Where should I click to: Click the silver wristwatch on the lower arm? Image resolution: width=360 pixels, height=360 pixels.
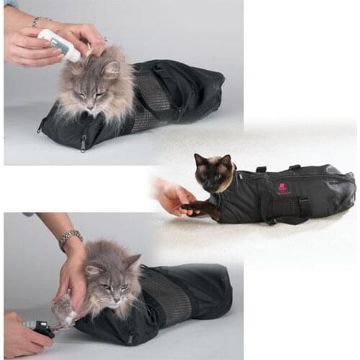pos(71,238)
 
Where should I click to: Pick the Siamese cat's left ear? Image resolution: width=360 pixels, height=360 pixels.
pos(199,159)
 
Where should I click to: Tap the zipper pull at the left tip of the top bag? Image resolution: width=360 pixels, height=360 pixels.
pos(39,130)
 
